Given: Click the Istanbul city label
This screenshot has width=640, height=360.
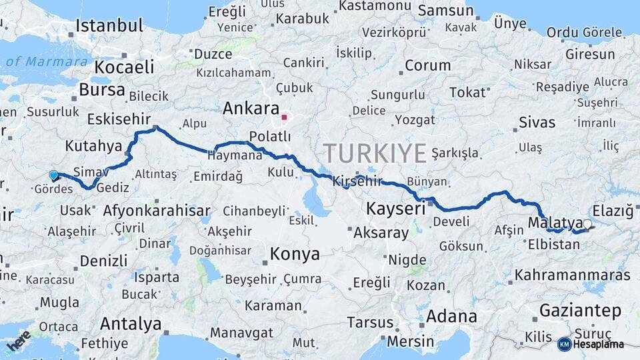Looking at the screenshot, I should pyautogui.click(x=109, y=26).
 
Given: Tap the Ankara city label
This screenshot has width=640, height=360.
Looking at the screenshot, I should pyautogui.click(x=251, y=108).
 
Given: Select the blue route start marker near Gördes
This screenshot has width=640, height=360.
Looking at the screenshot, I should pyautogui.click(x=53, y=175).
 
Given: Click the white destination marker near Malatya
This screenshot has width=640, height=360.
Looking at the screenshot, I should pyautogui.click(x=587, y=224).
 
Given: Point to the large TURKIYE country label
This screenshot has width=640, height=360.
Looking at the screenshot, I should pyautogui.click(x=375, y=153).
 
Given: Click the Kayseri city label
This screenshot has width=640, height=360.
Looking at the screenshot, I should pyautogui.click(x=395, y=209).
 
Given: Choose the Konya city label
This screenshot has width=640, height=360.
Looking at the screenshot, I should pyautogui.click(x=294, y=254).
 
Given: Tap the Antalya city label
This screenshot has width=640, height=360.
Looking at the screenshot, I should pyautogui.click(x=131, y=324).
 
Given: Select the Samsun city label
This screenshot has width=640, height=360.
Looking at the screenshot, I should pyautogui.click(x=446, y=11).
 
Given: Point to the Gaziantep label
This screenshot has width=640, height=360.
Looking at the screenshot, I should pyautogui.click(x=580, y=310).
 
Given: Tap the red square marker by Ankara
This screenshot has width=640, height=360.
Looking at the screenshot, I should pyautogui.click(x=284, y=117).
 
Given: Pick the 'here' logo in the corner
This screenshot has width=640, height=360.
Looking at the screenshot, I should pyautogui.click(x=19, y=341).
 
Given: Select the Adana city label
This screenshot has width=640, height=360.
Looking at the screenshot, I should pyautogui.click(x=451, y=315).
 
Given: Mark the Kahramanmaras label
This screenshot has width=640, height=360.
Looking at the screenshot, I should pyautogui.click(x=573, y=275).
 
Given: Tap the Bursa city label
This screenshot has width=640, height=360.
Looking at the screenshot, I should pyautogui.click(x=102, y=89).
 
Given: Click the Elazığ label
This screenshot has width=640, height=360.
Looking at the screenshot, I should pyautogui.click(x=613, y=211).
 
